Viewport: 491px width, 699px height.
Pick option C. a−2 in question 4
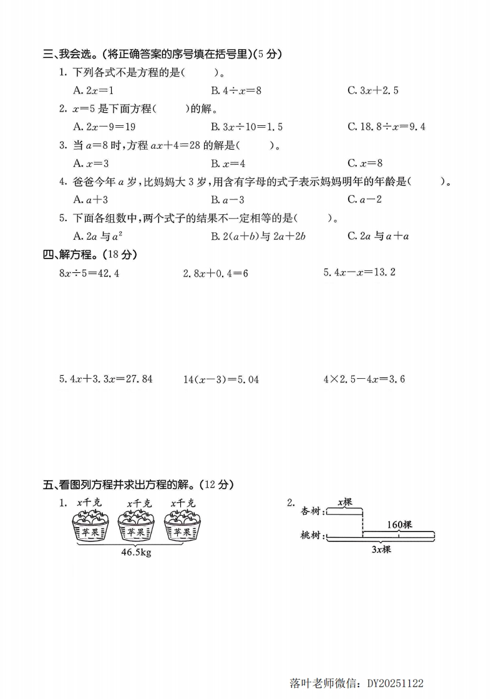click(364, 200)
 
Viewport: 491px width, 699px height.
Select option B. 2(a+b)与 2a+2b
click(258, 236)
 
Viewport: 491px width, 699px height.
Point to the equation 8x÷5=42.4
click(89, 273)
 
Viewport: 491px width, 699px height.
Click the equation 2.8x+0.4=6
click(215, 273)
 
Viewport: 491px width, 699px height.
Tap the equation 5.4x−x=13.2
click(359, 272)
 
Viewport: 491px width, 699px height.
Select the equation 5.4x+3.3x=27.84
click(105, 379)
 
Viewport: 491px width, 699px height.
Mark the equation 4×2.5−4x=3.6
click(364, 379)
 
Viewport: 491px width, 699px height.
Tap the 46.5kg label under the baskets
click(136, 553)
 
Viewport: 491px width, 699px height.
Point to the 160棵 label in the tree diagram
click(399, 525)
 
